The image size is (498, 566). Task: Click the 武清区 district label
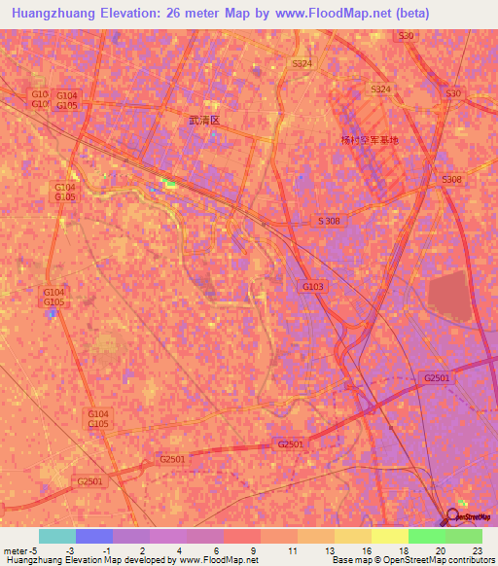(204, 121)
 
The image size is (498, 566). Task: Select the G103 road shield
(311, 286)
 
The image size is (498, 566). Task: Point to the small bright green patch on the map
(169, 183)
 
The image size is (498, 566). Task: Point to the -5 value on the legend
(32, 549)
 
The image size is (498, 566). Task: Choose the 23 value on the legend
(478, 549)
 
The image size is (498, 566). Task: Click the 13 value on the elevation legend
(332, 549)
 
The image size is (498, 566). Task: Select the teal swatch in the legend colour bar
(56, 536)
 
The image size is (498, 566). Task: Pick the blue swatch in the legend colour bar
(93, 536)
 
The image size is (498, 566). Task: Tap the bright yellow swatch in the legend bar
(389, 536)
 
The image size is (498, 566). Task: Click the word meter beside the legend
(15, 549)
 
